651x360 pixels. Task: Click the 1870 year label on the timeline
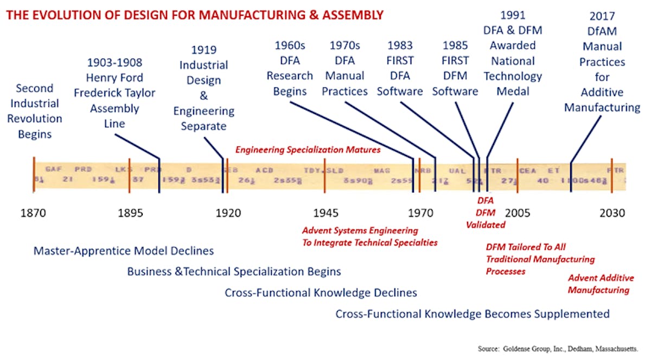[x=33, y=213]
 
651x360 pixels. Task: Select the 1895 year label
[x=130, y=213]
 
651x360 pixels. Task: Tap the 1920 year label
[x=228, y=213]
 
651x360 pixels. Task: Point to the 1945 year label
[x=326, y=213]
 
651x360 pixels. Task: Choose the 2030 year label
[x=612, y=213]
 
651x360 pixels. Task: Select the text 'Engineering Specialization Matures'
[x=308, y=149]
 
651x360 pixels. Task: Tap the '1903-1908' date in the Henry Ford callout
[x=114, y=63]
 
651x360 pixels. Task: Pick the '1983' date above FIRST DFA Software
[x=400, y=46]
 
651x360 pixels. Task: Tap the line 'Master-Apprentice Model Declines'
[x=124, y=251]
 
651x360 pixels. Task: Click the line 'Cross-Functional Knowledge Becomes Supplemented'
[x=472, y=314]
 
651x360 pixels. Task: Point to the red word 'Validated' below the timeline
[x=486, y=224]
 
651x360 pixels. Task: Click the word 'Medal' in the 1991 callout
[x=513, y=91]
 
